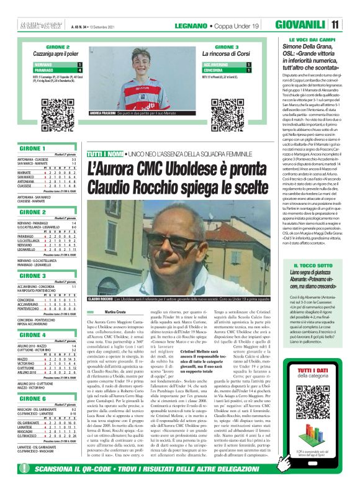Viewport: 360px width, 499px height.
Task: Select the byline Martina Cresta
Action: (x=115, y=311)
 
